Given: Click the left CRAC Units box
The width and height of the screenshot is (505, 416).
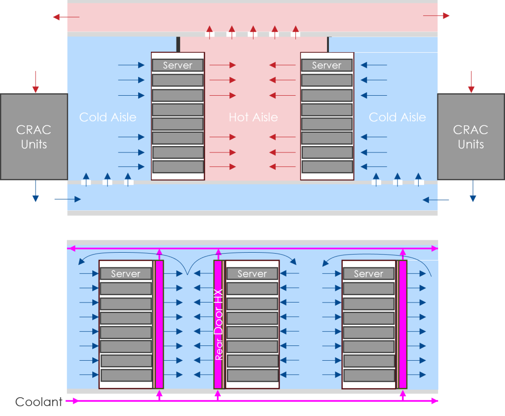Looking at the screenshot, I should click(x=34, y=137).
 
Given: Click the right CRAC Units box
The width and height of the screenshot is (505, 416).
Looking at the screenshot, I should click(x=471, y=137).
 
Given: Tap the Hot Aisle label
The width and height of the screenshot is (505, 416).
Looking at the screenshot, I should click(x=253, y=117).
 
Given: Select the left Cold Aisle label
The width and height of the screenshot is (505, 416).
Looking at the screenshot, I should click(x=108, y=117).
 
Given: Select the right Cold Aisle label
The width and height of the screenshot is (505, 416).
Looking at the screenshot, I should click(x=397, y=117).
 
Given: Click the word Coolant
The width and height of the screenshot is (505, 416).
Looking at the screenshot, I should click(x=39, y=402).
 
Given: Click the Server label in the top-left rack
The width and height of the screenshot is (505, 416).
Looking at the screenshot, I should click(x=178, y=65).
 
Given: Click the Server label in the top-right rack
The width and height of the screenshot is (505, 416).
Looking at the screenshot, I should click(x=326, y=65).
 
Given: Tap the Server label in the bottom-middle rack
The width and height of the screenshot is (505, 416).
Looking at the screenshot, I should click(x=252, y=274).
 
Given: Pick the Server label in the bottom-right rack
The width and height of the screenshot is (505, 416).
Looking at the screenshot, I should click(x=368, y=274).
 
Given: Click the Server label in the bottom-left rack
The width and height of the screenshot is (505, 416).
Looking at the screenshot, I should click(x=126, y=274).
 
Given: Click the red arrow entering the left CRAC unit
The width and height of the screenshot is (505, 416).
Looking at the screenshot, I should click(x=35, y=82).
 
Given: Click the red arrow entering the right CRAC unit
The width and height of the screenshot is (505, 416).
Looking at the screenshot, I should click(x=471, y=82).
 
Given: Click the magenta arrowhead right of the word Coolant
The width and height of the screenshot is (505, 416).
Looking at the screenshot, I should click(x=73, y=401).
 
